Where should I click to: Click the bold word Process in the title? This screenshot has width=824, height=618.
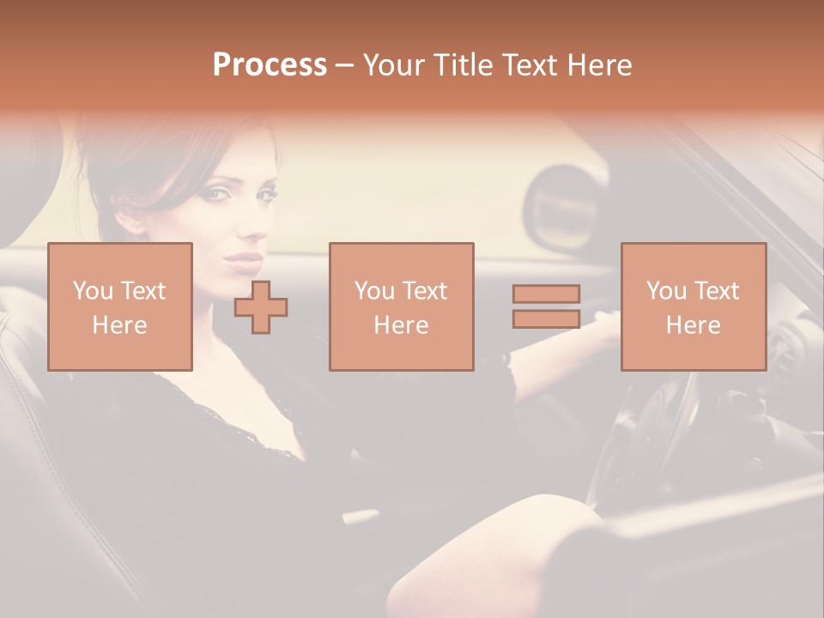(x=270, y=65)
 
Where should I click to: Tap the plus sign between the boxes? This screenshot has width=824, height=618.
(x=261, y=306)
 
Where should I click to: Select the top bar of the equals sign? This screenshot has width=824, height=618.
(x=546, y=294)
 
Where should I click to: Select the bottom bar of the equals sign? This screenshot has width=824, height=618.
(x=546, y=319)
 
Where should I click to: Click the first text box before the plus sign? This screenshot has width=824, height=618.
(x=120, y=306)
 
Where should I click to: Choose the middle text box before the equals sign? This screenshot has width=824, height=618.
(x=401, y=306)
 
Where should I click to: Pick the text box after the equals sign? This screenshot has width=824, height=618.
(x=693, y=306)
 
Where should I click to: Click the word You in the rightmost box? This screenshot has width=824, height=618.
(x=665, y=291)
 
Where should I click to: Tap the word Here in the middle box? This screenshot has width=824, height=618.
(x=401, y=325)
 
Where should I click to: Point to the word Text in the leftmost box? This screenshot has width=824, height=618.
(x=142, y=291)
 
